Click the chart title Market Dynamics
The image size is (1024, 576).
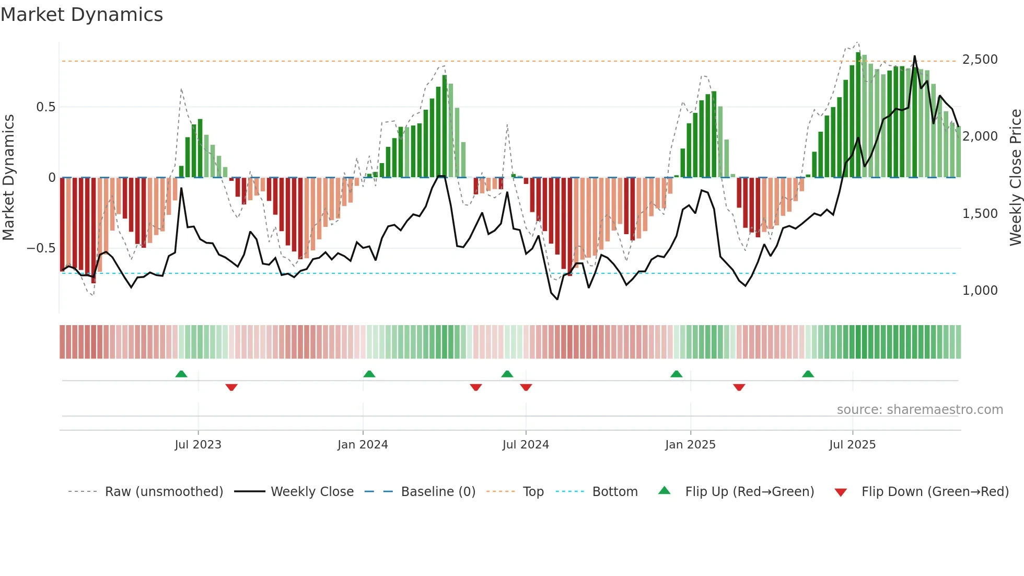click(82, 15)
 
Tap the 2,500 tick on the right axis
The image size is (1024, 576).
click(980, 60)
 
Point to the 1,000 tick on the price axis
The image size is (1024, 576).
click(980, 291)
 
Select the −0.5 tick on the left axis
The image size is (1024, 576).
click(41, 248)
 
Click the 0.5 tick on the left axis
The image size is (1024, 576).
click(45, 107)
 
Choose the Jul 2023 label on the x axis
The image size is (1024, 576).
click(198, 445)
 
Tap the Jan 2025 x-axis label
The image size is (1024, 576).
click(690, 445)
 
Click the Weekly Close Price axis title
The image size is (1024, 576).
click(1015, 178)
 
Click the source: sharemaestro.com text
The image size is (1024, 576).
click(920, 410)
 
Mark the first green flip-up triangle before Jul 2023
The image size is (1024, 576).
click(181, 374)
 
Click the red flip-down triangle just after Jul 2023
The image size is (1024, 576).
click(231, 387)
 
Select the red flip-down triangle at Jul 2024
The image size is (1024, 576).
click(526, 387)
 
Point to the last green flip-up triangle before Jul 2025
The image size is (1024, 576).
click(808, 374)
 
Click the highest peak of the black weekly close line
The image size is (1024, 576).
click(914, 56)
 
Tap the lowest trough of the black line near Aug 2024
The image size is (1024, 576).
click(557, 299)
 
